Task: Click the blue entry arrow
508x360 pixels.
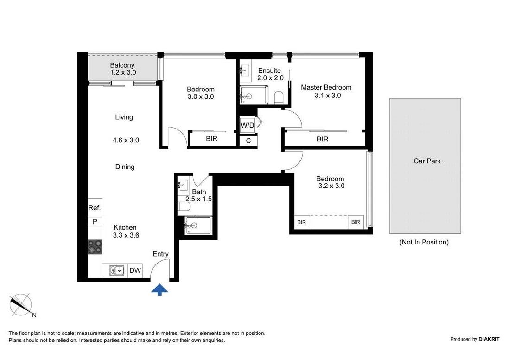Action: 159,289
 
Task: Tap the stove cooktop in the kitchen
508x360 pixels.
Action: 95,247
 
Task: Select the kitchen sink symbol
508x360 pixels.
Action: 117,270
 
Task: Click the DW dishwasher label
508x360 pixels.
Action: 135,270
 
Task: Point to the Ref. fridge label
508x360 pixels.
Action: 95,208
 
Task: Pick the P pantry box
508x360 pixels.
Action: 95,222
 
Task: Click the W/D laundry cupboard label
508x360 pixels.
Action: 247,125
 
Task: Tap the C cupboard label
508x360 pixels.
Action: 248,141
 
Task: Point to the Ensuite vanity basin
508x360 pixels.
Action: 245,70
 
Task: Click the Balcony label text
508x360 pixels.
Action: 122,65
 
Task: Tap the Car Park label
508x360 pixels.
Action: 427,161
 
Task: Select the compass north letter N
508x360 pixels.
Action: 34,315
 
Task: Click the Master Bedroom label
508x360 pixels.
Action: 326,87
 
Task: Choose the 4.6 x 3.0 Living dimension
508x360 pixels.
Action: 126,140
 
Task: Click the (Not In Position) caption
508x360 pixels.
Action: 424,242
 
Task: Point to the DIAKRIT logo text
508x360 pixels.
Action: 489,339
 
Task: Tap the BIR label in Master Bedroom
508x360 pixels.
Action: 322,139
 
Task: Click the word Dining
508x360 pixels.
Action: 125,167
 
